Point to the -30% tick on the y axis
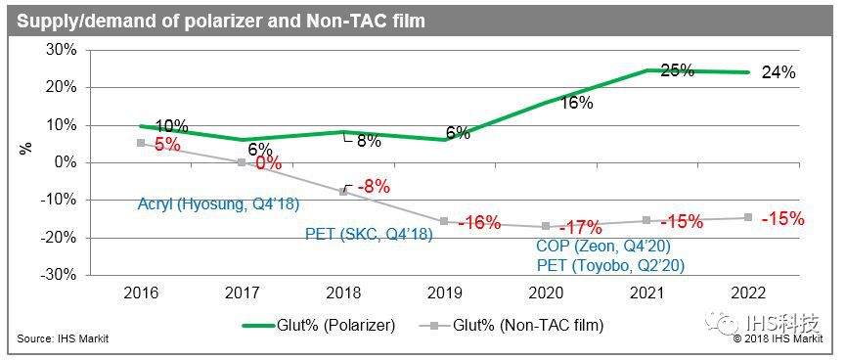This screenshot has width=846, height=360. pos(60,275)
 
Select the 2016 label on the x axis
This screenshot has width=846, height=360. pos(142,292)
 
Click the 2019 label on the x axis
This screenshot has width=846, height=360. pos(446,292)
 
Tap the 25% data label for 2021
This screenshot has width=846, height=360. pos(676,70)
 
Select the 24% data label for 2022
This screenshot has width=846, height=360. pos(779,72)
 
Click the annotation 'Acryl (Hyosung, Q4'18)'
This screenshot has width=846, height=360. pos(218,204)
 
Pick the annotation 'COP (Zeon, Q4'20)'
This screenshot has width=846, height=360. pos(598,247)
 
